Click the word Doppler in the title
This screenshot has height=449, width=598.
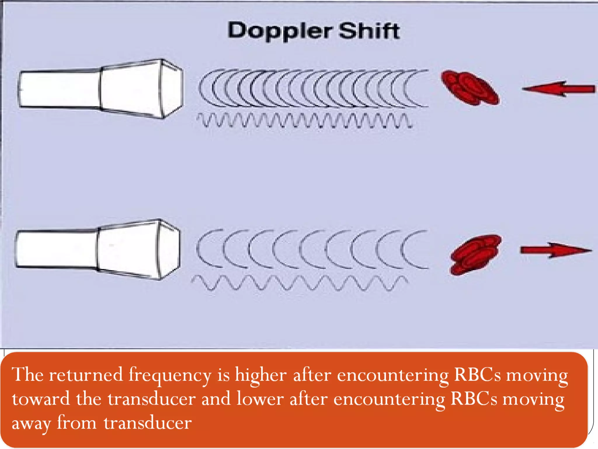[280, 31]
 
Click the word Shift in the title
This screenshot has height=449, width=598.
[369, 31]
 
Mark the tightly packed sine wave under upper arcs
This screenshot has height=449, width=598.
[304, 120]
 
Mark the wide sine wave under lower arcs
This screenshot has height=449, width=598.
[299, 283]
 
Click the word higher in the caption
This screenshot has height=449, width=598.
[261, 375]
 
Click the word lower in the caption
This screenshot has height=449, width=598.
[260, 399]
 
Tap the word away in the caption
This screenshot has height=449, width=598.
[31, 423]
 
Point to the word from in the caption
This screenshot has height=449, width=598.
[77, 423]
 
